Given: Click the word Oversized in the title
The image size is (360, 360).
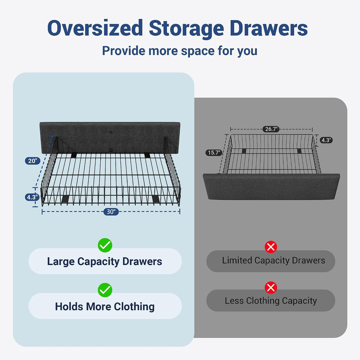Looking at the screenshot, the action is pyautogui.click(x=95, y=28).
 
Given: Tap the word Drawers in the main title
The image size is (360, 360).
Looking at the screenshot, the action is pyautogui.click(x=269, y=28).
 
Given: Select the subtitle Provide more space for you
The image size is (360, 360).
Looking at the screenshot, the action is pyautogui.click(x=180, y=51).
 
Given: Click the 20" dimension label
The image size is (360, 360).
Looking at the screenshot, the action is pyautogui.click(x=33, y=161).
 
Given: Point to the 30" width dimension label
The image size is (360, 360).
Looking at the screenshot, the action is pyautogui.click(x=111, y=211).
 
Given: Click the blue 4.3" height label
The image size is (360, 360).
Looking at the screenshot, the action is pyautogui.click(x=32, y=197).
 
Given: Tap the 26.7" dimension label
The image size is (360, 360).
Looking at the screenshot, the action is pyautogui.click(x=271, y=129).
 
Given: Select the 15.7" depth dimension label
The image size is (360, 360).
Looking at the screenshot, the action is pyautogui.click(x=214, y=153).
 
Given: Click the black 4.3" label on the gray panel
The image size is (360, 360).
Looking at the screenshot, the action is pyautogui.click(x=326, y=140).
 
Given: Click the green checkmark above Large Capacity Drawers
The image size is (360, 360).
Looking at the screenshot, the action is pyautogui.click(x=105, y=245).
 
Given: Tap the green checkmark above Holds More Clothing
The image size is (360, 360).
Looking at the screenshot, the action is pyautogui.click(x=105, y=290).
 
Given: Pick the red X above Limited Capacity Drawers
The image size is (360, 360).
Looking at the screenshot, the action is pyautogui.click(x=271, y=247).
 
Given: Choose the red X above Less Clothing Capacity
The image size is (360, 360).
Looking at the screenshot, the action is pyautogui.click(x=271, y=288).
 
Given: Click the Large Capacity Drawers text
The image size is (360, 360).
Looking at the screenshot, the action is pyautogui.click(x=105, y=262).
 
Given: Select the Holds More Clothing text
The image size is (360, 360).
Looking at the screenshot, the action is pyautogui.click(x=105, y=307).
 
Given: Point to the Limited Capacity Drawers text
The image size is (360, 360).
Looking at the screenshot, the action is pyautogui.click(x=274, y=261).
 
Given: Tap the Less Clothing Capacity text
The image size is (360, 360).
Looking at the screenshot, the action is pyautogui.click(x=271, y=301).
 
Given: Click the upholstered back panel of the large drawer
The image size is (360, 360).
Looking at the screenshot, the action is pyautogui.click(x=110, y=137).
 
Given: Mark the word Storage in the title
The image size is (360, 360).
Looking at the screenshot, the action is pyautogui.click(x=186, y=29).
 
